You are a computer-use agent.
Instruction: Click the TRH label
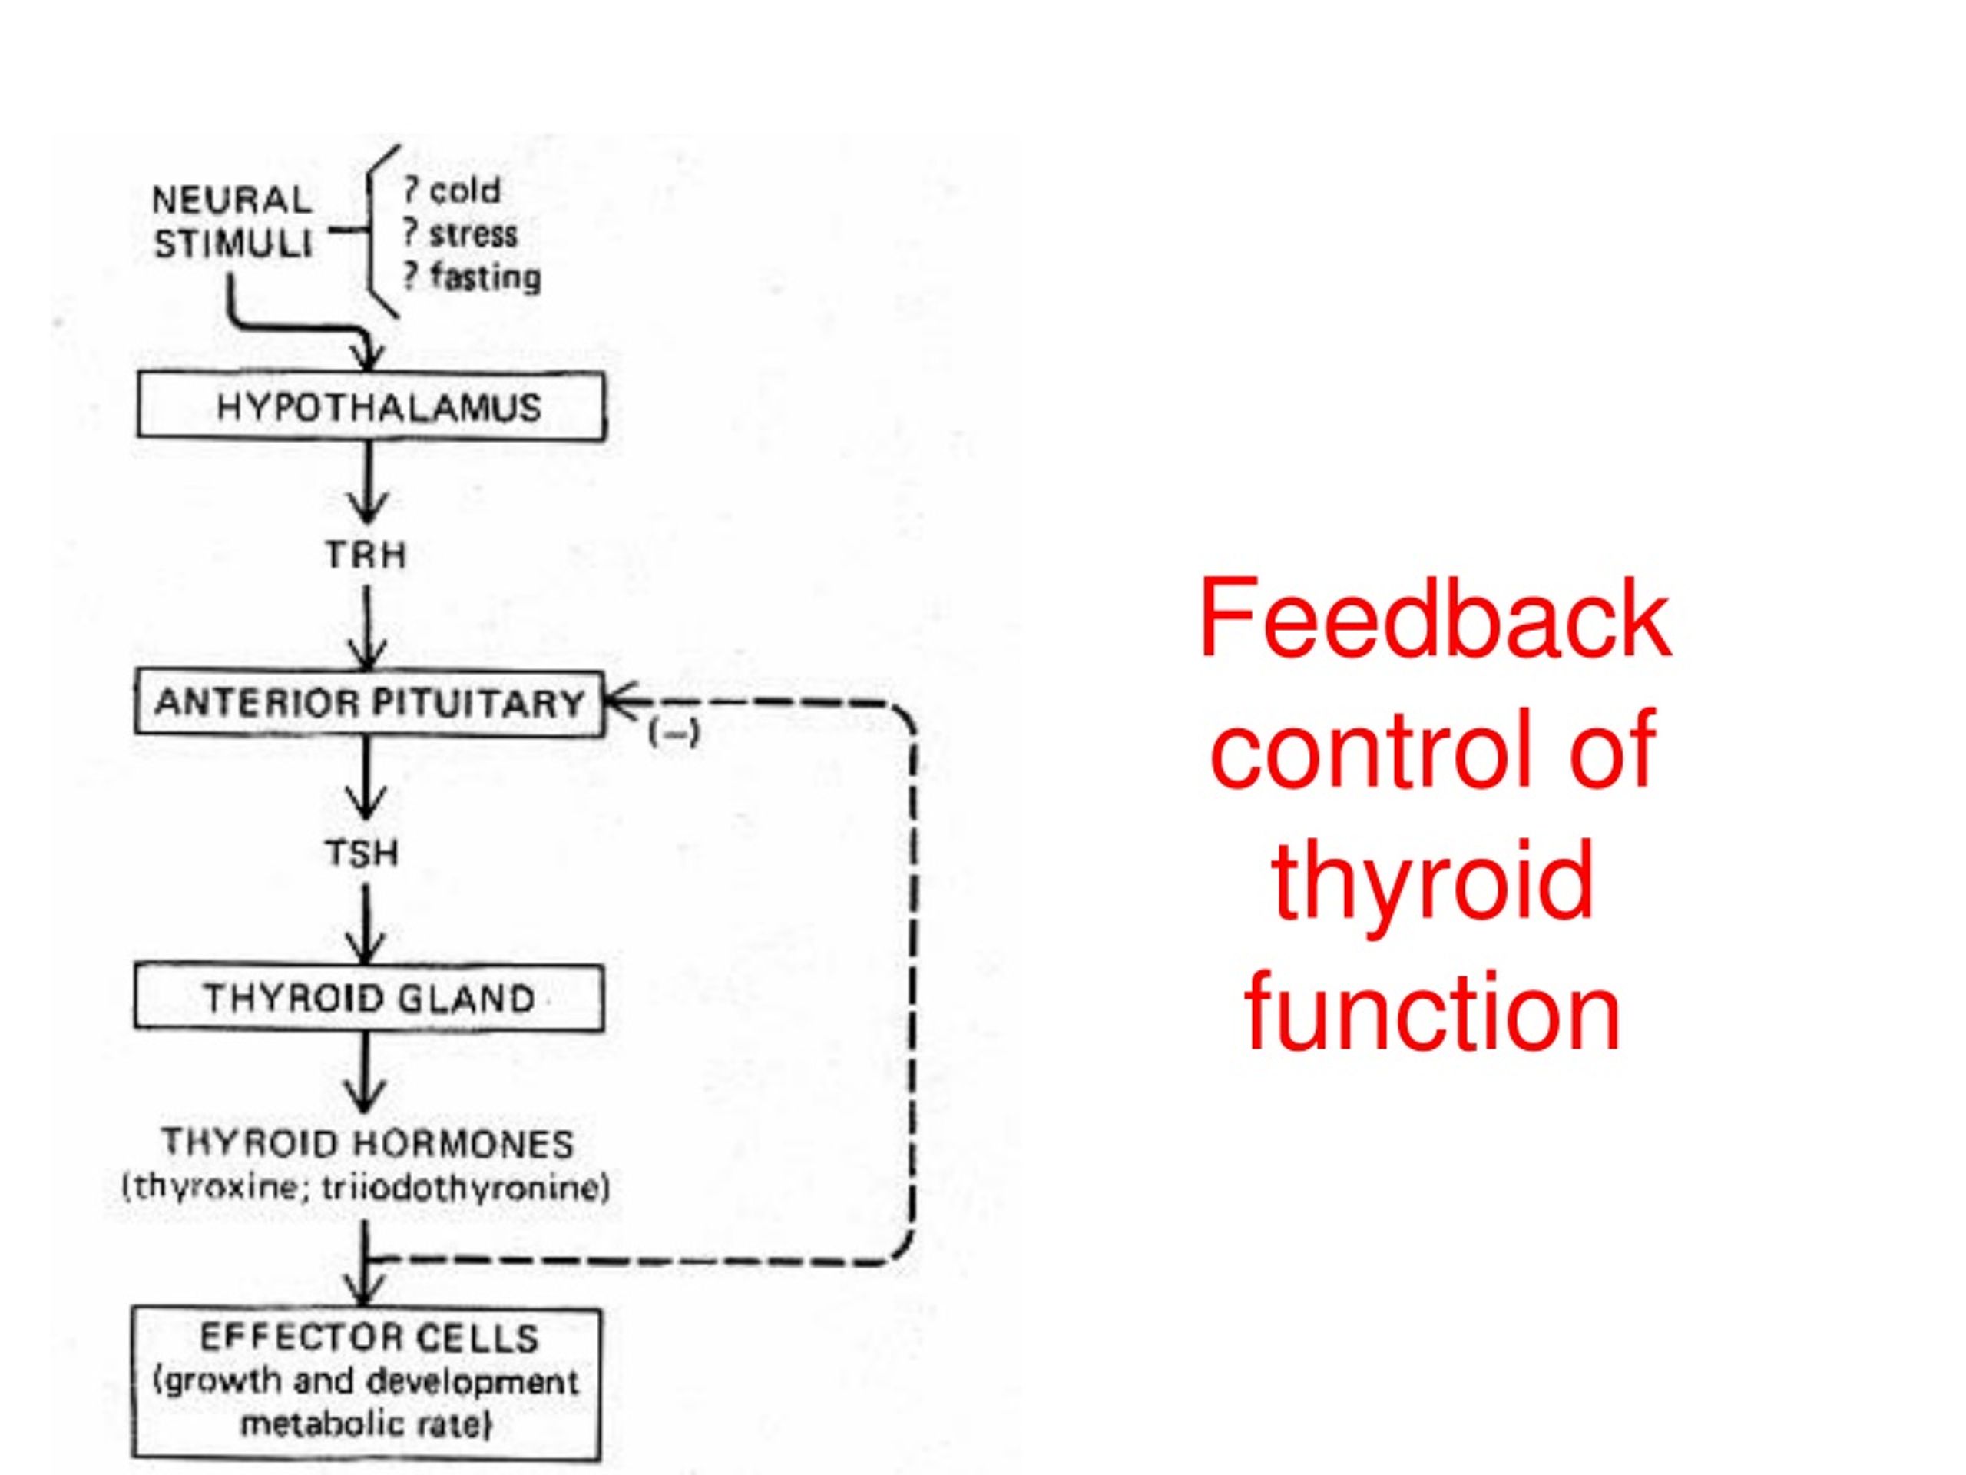point(366,555)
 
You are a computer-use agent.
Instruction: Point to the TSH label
point(362,854)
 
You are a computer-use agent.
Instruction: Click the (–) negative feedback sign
point(674,734)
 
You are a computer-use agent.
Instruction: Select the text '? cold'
point(452,191)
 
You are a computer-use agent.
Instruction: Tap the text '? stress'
point(458,234)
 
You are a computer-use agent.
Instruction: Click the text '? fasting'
point(471,277)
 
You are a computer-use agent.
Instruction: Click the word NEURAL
point(232,200)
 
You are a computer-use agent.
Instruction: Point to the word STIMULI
point(233,244)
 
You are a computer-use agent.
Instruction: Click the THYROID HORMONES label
point(368,1143)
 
